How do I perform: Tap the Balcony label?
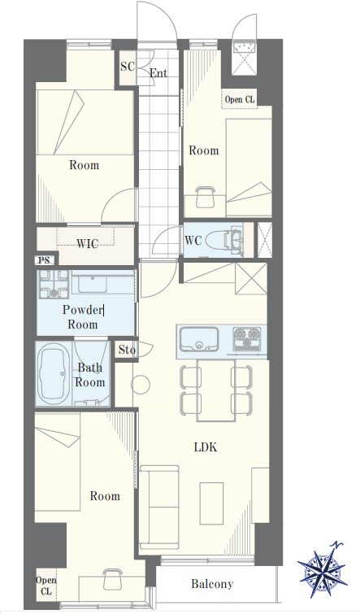[x=212, y=584]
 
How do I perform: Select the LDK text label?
[x=206, y=447]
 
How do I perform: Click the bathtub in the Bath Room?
[x=54, y=373]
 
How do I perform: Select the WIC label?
[x=87, y=244]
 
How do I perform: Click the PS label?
[x=44, y=260]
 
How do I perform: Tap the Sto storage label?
[x=127, y=350]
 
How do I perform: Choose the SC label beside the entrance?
[x=127, y=67]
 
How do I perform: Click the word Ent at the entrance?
[x=158, y=73]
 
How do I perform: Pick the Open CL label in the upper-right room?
[x=240, y=99]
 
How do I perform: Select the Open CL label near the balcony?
[x=46, y=586]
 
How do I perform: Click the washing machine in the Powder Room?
[x=54, y=284]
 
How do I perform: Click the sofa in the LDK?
[x=159, y=507]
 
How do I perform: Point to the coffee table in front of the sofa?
[x=211, y=503]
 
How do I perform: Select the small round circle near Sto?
[x=140, y=385]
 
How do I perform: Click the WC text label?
[x=193, y=240]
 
